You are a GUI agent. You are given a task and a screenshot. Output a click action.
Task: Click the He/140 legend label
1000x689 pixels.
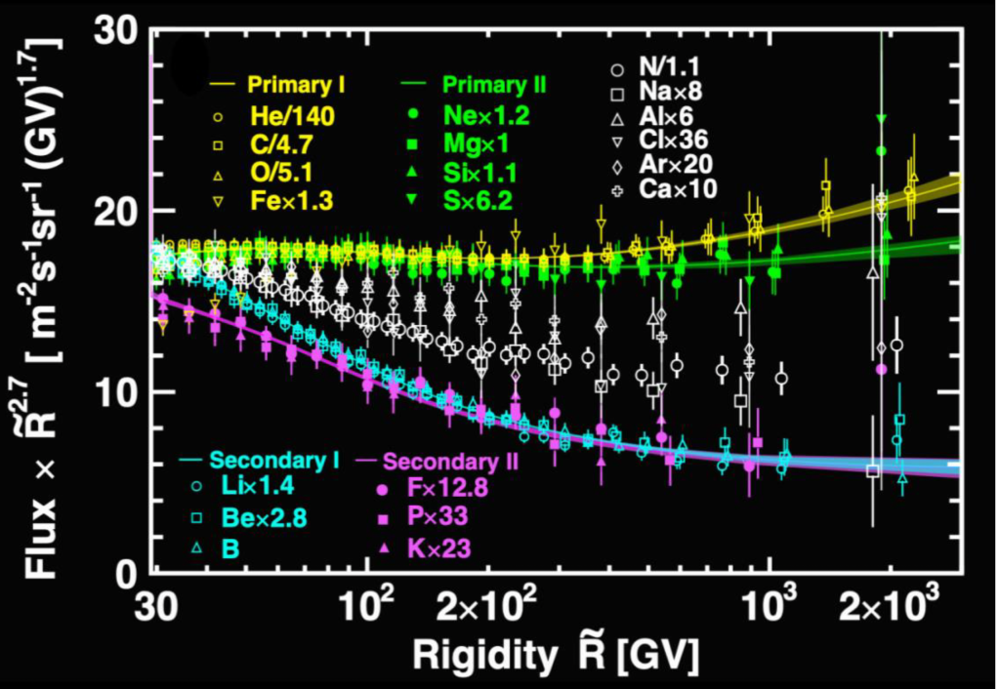click(293, 117)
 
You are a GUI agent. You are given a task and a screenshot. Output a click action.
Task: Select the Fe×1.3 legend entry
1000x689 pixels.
click(292, 201)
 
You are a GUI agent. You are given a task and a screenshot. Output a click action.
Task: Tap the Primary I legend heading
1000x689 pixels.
click(297, 85)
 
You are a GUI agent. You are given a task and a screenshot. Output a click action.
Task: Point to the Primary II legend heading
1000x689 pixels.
click(494, 85)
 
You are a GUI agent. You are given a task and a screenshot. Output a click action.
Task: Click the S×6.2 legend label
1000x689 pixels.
click(478, 201)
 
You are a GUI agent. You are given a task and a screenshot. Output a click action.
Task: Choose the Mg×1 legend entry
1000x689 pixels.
click(476, 144)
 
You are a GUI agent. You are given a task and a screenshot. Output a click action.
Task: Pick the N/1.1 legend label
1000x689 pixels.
click(670, 67)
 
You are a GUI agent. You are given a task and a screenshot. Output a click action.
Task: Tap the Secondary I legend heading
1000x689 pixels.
click(274, 460)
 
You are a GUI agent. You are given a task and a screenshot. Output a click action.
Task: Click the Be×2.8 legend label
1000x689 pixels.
click(264, 517)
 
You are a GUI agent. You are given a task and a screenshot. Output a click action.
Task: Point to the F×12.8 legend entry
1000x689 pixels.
click(447, 488)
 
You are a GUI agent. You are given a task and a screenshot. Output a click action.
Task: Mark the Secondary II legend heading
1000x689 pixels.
click(450, 462)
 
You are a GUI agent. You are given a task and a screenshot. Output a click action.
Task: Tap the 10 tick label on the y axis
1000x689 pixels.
click(116, 391)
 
